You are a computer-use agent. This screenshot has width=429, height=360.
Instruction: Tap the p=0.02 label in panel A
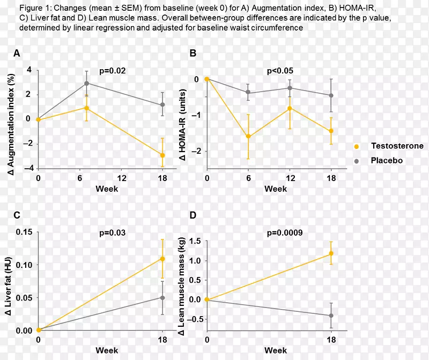[113, 70]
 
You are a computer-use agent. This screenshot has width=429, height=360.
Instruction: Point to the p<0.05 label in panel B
[280, 70]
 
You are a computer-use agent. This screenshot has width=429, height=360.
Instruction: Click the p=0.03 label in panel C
[113, 232]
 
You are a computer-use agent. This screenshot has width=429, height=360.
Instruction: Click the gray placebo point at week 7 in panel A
[87, 83]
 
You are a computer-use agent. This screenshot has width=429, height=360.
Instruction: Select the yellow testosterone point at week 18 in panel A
[162, 155]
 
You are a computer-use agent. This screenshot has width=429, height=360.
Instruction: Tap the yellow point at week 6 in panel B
[248, 136]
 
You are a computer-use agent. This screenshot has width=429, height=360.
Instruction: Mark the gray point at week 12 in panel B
[290, 88]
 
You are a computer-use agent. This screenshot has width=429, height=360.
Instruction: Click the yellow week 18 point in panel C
[162, 259]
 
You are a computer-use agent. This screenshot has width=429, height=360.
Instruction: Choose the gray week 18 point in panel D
[331, 316]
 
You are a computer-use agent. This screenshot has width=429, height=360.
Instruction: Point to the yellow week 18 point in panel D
[331, 253]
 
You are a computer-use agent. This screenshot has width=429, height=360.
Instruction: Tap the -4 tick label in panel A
[28, 168]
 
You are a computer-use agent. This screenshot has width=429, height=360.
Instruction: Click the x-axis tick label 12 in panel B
[290, 178]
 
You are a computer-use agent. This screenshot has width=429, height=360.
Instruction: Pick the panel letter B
[193, 53]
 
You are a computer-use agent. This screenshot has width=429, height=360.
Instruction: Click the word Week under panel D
[276, 350]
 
